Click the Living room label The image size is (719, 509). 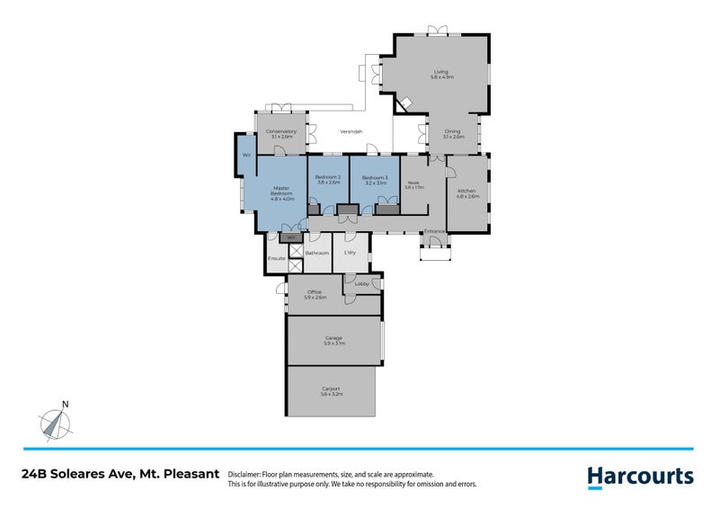440,74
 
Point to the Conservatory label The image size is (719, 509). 280,134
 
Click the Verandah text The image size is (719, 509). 351,132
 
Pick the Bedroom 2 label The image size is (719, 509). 327,180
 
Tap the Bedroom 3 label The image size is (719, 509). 375,180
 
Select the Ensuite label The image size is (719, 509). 276,259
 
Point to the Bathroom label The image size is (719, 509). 316,254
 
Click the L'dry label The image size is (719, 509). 351,253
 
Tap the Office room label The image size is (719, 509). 315,294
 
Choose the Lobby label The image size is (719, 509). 361,284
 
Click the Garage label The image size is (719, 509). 333,340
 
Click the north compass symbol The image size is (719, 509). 57,422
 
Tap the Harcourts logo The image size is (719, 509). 640,476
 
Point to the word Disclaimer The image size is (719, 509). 245,474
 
